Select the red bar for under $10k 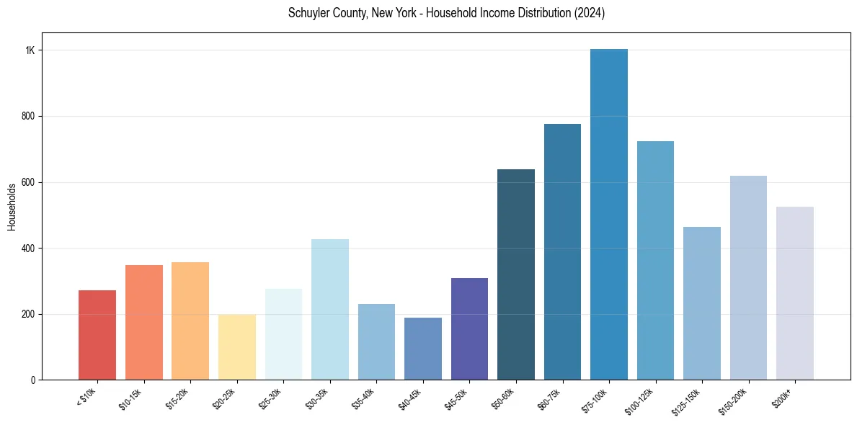point(97,335)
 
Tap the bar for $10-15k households point(143,323)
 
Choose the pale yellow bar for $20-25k point(236,347)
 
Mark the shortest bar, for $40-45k point(422,349)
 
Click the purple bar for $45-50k point(469,329)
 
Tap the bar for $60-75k point(562,252)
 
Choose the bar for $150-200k point(748,278)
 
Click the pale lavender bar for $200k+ point(794,293)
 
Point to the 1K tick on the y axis point(30,50)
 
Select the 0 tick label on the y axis point(33,380)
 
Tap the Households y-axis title point(12,207)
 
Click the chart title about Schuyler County point(446,14)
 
